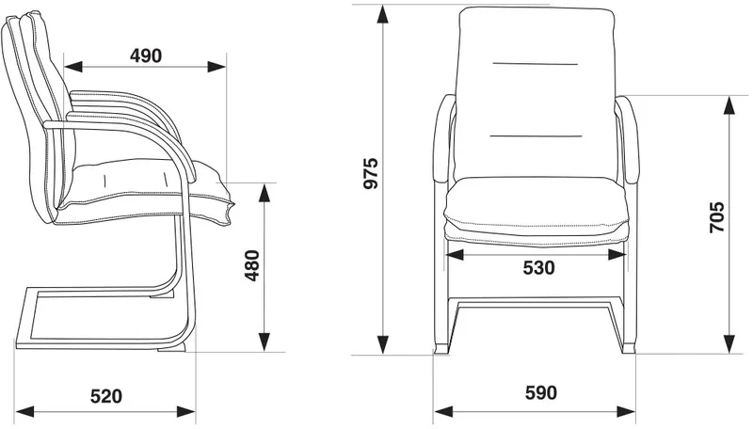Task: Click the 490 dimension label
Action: click(146, 56)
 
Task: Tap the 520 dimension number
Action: click(106, 396)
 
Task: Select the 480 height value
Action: click(251, 265)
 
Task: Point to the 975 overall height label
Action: click(371, 173)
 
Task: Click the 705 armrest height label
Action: click(717, 217)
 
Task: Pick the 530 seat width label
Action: click(538, 268)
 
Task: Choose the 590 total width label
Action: click(541, 393)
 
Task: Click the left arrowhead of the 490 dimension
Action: click(73, 67)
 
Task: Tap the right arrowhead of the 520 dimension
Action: click(185, 411)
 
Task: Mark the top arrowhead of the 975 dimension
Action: click(383, 14)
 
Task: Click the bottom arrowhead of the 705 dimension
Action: click(729, 344)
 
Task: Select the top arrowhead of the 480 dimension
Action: click(264, 193)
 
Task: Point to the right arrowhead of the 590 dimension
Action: click(626, 411)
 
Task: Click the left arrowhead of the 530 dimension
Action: click(455, 254)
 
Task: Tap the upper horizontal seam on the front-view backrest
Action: click(535, 63)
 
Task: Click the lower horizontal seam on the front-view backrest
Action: click(536, 135)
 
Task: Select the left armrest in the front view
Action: click(443, 139)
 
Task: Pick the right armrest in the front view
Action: click(627, 139)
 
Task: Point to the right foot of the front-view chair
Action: click(628, 347)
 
